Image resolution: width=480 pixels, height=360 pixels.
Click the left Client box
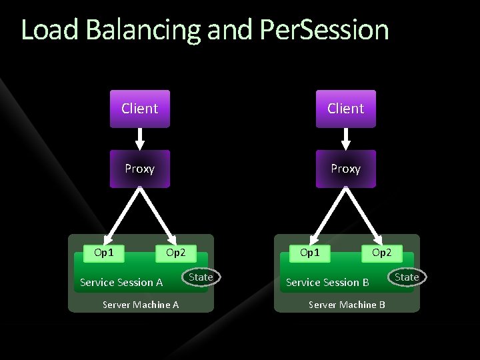139,108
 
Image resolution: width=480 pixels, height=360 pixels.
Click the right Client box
345,108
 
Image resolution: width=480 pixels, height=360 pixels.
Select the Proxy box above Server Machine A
139,169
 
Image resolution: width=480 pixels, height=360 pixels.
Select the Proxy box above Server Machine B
345,169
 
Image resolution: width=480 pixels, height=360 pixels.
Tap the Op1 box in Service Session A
104,253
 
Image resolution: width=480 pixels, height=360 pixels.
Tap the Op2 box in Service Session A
176,253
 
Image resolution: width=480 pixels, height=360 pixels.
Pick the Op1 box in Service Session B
310,253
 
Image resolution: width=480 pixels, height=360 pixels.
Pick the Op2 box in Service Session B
382,253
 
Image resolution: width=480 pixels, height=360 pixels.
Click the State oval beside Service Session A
201,277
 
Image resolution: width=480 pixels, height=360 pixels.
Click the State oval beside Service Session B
407,277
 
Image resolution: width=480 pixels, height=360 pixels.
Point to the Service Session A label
121,283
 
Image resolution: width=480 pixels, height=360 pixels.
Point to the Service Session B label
327,283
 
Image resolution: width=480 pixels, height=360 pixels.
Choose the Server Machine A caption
141,305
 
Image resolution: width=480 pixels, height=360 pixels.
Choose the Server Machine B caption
347,305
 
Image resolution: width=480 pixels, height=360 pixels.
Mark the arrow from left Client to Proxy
139,139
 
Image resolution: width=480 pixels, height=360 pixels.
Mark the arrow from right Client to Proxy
345,139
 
